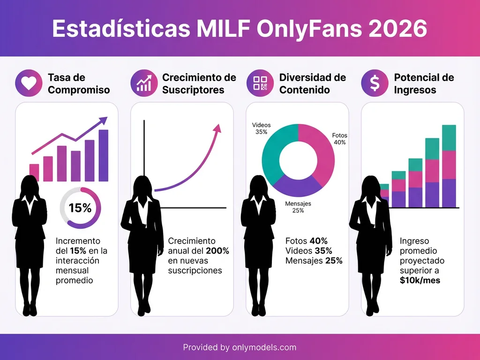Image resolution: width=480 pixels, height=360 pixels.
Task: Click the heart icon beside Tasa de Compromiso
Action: (x=29, y=83)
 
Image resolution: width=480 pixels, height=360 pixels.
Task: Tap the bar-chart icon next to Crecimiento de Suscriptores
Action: (x=144, y=83)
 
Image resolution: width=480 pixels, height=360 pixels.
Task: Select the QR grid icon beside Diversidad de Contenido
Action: (x=260, y=83)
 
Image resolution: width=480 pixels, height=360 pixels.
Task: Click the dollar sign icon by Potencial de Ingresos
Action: (x=375, y=83)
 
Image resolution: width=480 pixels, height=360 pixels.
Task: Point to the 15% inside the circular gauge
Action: (x=80, y=208)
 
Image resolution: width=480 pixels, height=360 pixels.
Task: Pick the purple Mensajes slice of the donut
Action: (x=298, y=187)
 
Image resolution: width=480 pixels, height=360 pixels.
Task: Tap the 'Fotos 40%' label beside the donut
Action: (x=339, y=139)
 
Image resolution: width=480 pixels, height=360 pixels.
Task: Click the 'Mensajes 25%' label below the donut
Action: (x=298, y=207)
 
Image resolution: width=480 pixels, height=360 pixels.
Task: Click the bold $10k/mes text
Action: (x=420, y=280)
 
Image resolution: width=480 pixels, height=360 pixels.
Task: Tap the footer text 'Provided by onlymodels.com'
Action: (x=240, y=347)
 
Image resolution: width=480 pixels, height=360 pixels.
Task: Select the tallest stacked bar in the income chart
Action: (x=449, y=166)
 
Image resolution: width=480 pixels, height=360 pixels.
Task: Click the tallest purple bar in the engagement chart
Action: (x=103, y=155)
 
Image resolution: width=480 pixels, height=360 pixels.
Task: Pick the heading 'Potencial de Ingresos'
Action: (x=424, y=83)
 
